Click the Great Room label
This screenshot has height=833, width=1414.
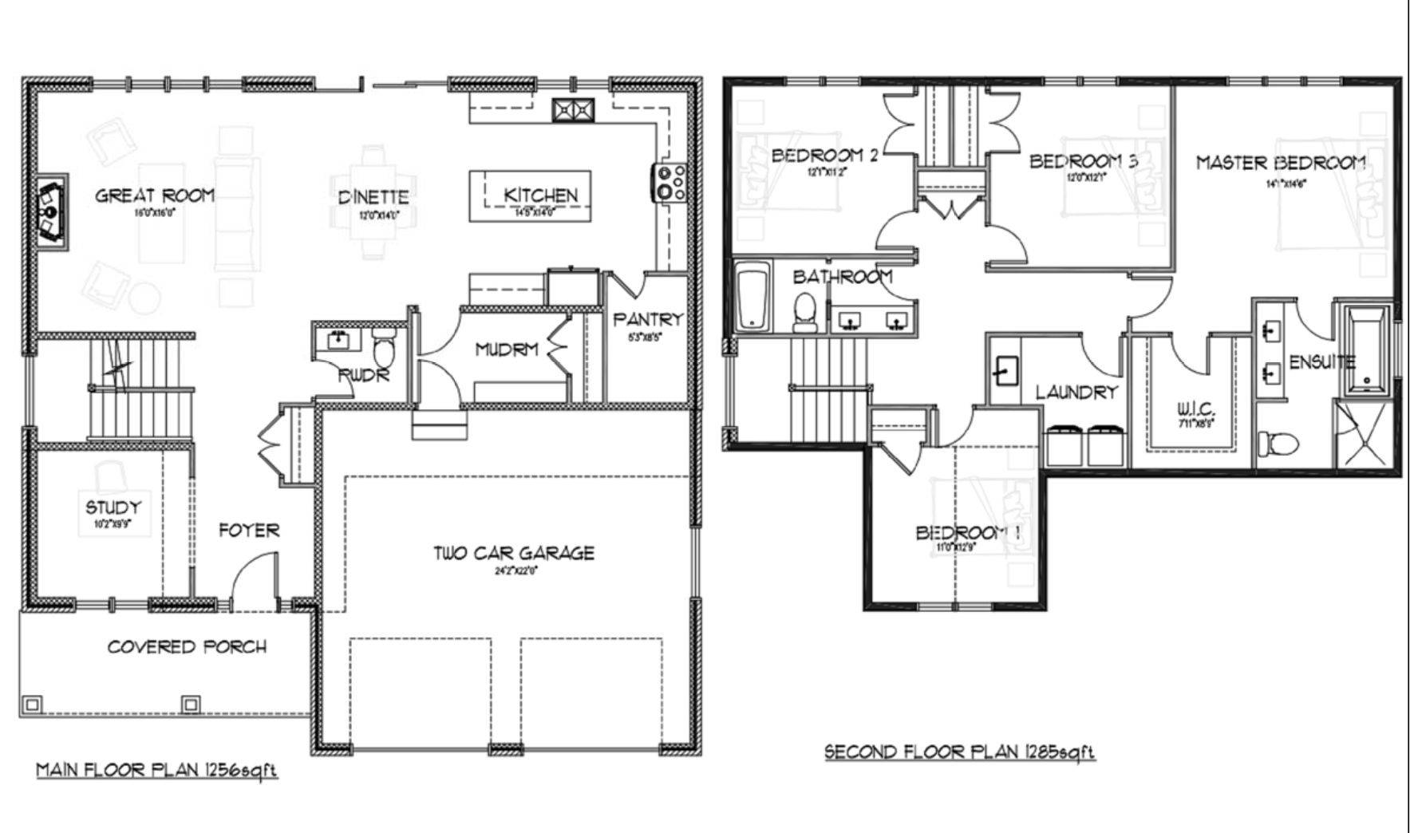pyautogui.click(x=155, y=195)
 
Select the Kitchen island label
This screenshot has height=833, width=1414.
pyautogui.click(x=540, y=195)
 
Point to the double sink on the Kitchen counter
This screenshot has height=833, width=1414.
pyautogui.click(x=573, y=109)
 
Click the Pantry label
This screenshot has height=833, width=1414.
pyautogui.click(x=648, y=320)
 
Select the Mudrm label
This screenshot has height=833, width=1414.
pyautogui.click(x=507, y=349)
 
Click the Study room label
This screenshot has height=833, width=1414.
pyautogui.click(x=113, y=507)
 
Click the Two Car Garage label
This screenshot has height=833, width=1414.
pyautogui.click(x=514, y=553)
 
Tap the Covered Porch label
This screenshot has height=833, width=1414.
pyautogui.click(x=187, y=647)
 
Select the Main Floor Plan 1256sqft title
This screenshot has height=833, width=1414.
pyautogui.click(x=157, y=770)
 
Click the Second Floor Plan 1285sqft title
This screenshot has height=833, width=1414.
pyautogui.click(x=959, y=752)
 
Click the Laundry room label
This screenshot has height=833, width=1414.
pyautogui.click(x=1076, y=393)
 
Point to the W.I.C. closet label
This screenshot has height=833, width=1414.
pyautogui.click(x=1195, y=410)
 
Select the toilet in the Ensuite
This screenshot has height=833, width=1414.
pyautogui.click(x=1278, y=443)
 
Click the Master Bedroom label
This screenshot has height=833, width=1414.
pyautogui.click(x=1280, y=164)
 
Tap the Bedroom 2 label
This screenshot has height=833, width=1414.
pyautogui.click(x=824, y=156)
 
